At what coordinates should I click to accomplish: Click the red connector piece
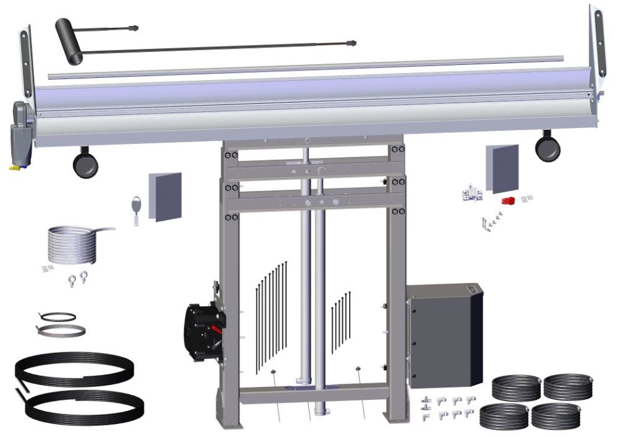(x=509, y=201)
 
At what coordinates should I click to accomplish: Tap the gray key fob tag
(x=136, y=203)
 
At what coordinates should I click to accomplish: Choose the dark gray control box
(x=444, y=334)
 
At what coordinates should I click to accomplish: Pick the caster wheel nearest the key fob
(x=85, y=164)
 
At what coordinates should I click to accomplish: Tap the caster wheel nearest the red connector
(x=548, y=148)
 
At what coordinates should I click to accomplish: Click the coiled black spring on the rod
(x=68, y=40)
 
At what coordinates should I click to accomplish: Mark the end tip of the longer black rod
(x=352, y=43)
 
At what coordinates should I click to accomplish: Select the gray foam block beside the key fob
(x=166, y=196)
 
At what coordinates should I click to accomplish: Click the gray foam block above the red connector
(x=502, y=168)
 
